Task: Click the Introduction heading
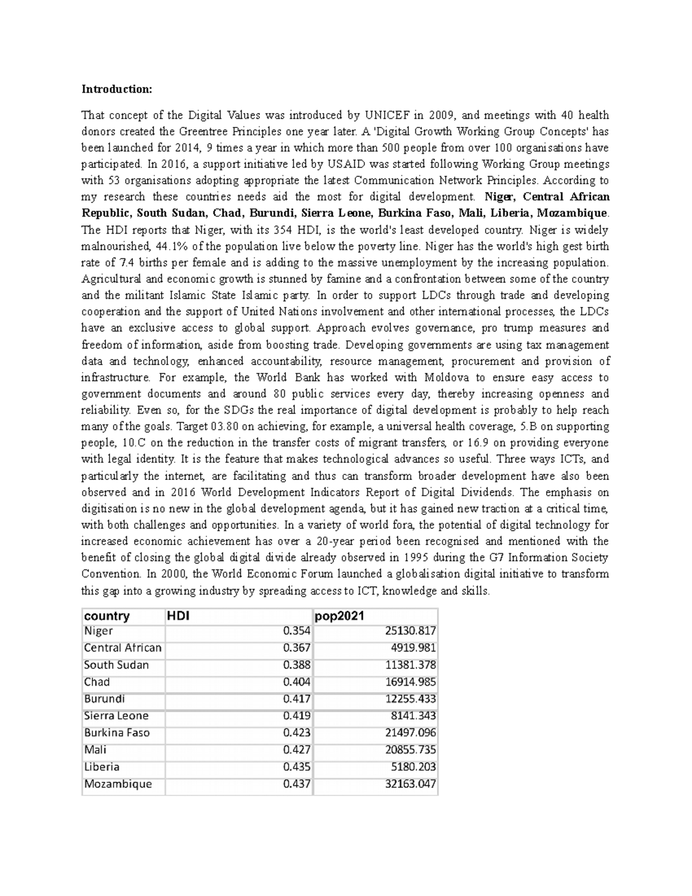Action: point(116,89)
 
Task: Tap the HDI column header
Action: point(178,616)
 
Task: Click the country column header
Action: point(107,616)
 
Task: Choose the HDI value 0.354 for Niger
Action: point(296,631)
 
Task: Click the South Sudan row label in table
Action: point(116,665)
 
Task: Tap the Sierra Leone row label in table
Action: point(116,716)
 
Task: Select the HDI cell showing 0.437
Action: point(296,784)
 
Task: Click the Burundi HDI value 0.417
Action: point(296,699)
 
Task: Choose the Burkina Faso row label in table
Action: point(117,733)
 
